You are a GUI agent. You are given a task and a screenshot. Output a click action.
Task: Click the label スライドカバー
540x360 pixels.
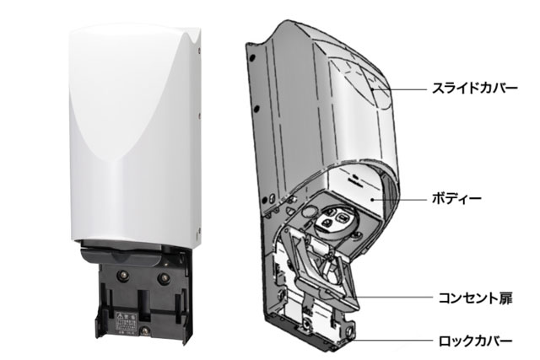tap(474, 89)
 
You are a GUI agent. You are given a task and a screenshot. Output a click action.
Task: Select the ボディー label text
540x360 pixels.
tap(456, 199)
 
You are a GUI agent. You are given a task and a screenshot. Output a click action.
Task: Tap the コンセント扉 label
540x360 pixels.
tap(475, 298)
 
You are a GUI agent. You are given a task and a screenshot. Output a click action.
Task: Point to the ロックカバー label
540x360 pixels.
tap(475, 341)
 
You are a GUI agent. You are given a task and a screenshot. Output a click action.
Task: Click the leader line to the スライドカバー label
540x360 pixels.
tap(400, 89)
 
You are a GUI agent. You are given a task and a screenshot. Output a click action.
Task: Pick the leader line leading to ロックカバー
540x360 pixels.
tap(391, 341)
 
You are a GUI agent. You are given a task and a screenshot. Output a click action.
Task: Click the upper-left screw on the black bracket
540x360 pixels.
tap(124, 275)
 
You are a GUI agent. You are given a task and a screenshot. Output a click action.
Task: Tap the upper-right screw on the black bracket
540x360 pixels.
tap(163, 277)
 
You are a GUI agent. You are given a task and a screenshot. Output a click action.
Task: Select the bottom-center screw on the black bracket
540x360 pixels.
tap(144, 332)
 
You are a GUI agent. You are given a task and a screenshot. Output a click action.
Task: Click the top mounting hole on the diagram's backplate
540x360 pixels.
tap(253, 56)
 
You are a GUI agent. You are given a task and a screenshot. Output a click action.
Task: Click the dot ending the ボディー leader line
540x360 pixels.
tap(374, 199)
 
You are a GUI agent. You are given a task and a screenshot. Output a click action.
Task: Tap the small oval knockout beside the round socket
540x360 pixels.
tap(309, 211)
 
